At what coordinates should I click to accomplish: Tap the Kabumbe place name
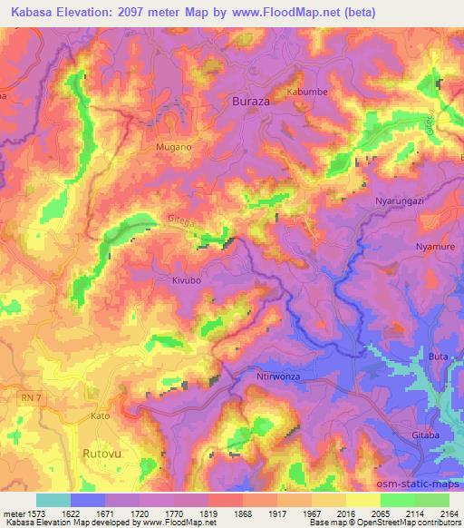[x=307, y=93]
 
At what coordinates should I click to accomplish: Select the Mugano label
[x=171, y=146]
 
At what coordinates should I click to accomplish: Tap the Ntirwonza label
[x=273, y=376]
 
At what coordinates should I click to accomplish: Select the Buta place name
[x=438, y=357]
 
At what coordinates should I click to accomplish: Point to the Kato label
[x=100, y=416]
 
